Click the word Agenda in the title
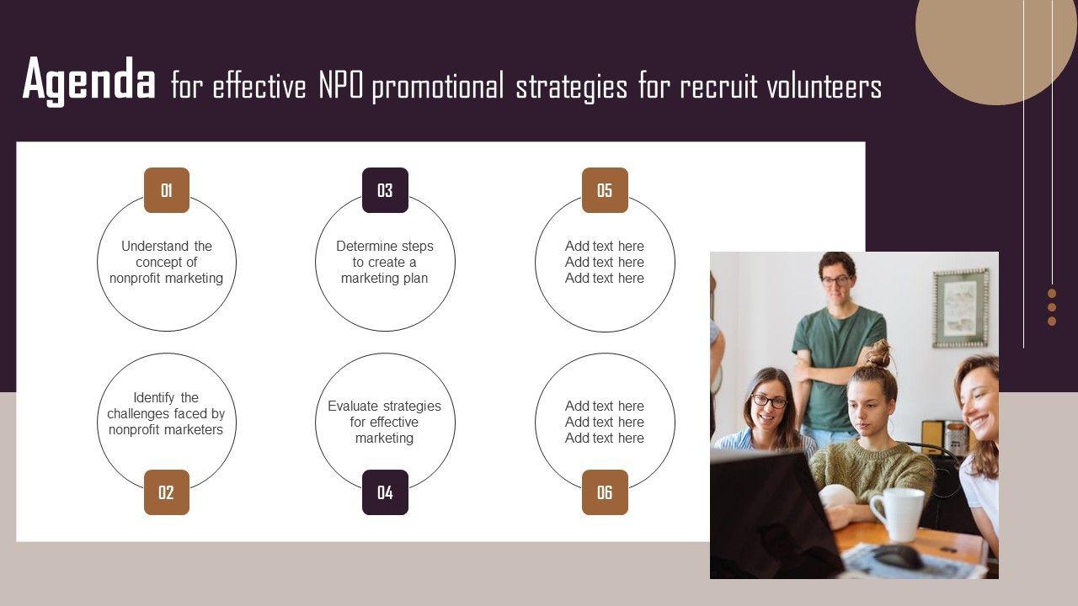pyautogui.click(x=89, y=80)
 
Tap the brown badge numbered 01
pyautogui.click(x=167, y=190)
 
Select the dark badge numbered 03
pyautogui.click(x=385, y=190)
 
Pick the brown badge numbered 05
pyautogui.click(x=605, y=190)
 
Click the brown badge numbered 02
pyautogui.click(x=167, y=492)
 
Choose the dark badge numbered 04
pyautogui.click(x=385, y=492)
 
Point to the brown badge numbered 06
pyautogui.click(x=605, y=492)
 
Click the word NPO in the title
pyautogui.click(x=341, y=87)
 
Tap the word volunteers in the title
pyautogui.click(x=824, y=87)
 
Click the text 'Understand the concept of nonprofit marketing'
pyautogui.click(x=167, y=262)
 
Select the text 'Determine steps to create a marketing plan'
pyautogui.click(x=385, y=262)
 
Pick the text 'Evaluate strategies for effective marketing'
pyautogui.click(x=384, y=422)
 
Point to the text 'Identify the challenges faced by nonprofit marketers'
pyautogui.click(x=166, y=413)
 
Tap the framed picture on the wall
pyautogui.click(x=961, y=308)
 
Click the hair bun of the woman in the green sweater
pyautogui.click(x=878, y=354)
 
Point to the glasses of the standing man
pyautogui.click(x=836, y=281)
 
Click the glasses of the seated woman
pyautogui.click(x=770, y=401)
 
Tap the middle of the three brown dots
pyautogui.click(x=1052, y=307)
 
